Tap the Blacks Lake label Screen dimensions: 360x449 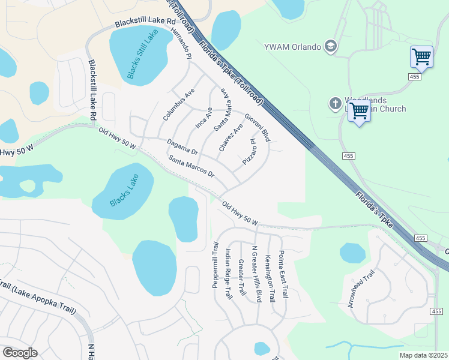124,190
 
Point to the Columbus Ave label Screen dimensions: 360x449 179,104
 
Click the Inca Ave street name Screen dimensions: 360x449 205,118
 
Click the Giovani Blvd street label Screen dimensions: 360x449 258,127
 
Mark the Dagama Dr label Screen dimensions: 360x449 182,146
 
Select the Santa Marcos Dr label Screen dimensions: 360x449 191,166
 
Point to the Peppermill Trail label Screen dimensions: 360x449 215,265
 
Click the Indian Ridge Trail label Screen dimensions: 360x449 228,274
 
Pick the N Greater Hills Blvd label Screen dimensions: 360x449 257,274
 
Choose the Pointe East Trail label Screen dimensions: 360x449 283,275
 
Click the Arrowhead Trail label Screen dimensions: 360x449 361,289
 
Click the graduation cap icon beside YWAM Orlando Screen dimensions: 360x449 330,46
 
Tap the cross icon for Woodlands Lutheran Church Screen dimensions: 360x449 335,104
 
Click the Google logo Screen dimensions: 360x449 20,353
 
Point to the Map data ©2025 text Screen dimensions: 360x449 423,355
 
